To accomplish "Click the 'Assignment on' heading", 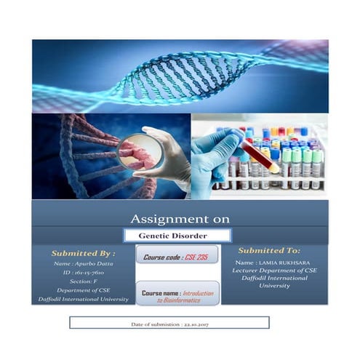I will click(x=180, y=218).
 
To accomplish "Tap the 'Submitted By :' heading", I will click(x=83, y=253).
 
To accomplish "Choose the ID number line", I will click(x=83, y=272).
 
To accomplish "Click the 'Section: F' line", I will click(x=82, y=281).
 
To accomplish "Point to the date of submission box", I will click(x=169, y=322).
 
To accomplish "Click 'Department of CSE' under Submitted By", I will click(x=83, y=289).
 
